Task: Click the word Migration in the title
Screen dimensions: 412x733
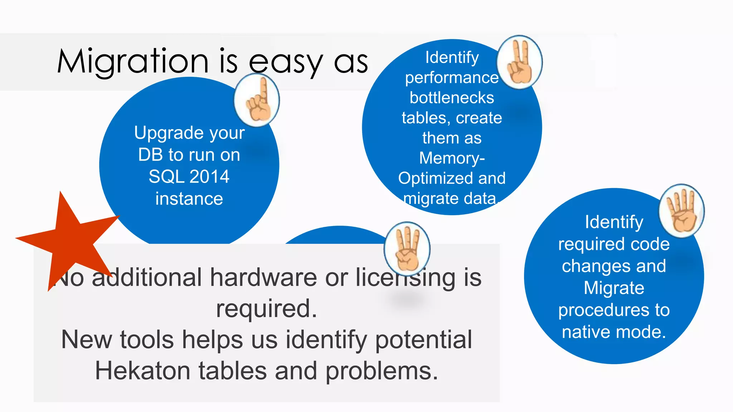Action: click(x=132, y=62)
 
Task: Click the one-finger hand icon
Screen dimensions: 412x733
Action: click(x=257, y=100)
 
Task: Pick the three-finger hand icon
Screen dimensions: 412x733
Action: click(x=407, y=249)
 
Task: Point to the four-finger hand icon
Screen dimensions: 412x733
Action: click(x=682, y=211)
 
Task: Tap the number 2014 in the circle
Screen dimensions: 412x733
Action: click(x=209, y=177)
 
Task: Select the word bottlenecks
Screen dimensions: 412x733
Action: click(x=452, y=98)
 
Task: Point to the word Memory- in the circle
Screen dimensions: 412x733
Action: click(x=452, y=158)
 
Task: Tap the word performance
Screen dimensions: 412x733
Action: click(x=452, y=78)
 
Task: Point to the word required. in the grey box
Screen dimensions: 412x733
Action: click(x=266, y=309)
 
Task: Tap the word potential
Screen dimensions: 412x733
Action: click(x=424, y=340)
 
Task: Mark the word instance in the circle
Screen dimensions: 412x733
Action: click(x=189, y=199)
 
